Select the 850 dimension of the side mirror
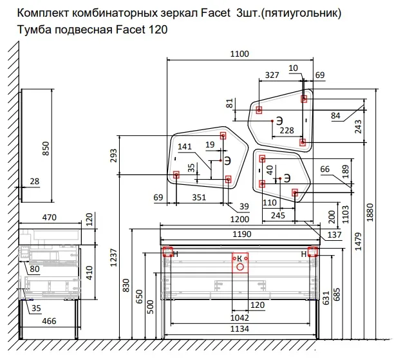46,149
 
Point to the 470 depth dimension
48,218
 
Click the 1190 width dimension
241,234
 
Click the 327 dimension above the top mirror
272,75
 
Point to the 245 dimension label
277,215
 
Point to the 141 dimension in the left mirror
185,147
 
